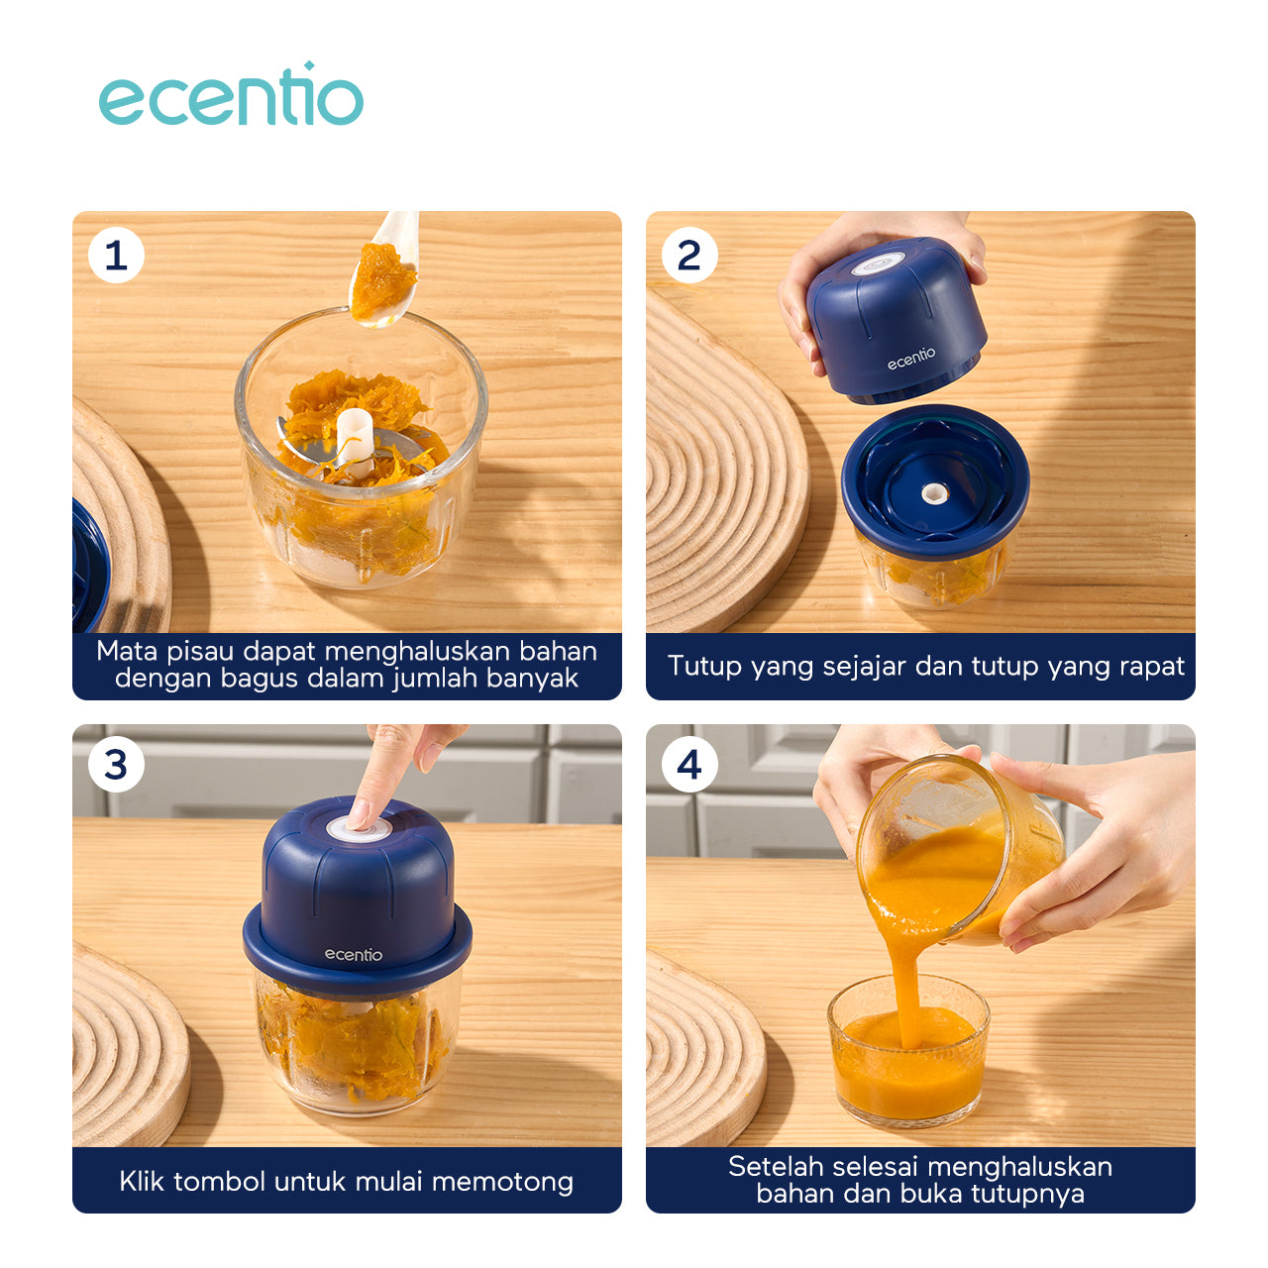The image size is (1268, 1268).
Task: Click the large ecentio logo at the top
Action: pos(231,94)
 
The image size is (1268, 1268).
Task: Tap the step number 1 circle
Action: pos(117,256)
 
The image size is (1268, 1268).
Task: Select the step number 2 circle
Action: pos(688,256)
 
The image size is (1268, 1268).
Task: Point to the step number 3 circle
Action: pos(117,765)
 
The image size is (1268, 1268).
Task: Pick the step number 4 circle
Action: pos(688,765)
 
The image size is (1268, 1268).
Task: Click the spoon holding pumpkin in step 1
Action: pos(385,269)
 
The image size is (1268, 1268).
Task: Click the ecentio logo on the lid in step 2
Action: pos(911,358)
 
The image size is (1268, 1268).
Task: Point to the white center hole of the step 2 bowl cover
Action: pos(933,493)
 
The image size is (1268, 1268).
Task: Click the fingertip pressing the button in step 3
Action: pos(359,818)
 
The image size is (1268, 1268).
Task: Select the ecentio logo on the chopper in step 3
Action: pos(354,955)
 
